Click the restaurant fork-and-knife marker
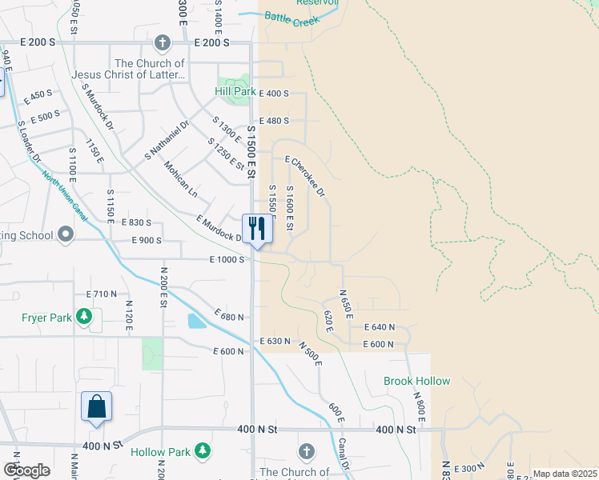click(x=257, y=229)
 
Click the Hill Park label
click(x=235, y=91)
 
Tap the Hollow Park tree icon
click(x=203, y=451)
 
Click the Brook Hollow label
click(x=416, y=381)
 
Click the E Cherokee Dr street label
click(x=304, y=176)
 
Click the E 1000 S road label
click(x=227, y=259)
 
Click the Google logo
click(x=26, y=470)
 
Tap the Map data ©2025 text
click(x=565, y=474)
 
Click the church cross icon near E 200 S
click(x=163, y=42)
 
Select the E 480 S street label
click(x=274, y=121)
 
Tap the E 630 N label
click(x=275, y=342)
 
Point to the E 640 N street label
click(x=380, y=327)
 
